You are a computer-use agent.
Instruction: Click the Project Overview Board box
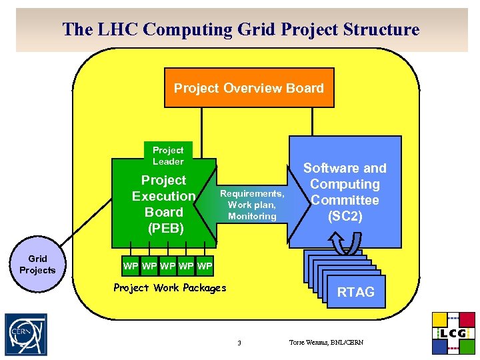pyautogui.click(x=249, y=87)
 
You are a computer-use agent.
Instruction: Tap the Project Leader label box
pyautogui.click(x=168, y=155)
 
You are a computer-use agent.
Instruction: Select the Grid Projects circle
pyautogui.click(x=37, y=265)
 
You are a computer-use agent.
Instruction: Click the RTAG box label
pyautogui.click(x=355, y=291)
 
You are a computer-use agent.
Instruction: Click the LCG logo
pyautogui.click(x=453, y=333)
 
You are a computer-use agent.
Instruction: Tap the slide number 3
pyautogui.click(x=239, y=343)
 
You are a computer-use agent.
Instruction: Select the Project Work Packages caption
pyautogui.click(x=170, y=288)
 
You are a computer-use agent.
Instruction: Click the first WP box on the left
pyautogui.click(x=131, y=267)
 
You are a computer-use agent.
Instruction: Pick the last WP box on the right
pyautogui.click(x=205, y=267)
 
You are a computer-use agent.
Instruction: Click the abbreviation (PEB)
pyautogui.click(x=163, y=228)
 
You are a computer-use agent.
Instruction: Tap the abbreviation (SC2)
pyautogui.click(x=345, y=216)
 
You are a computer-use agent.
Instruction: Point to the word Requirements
pyautogui.click(x=252, y=194)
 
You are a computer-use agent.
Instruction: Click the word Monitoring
pyautogui.click(x=252, y=216)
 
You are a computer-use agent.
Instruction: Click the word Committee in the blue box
pyautogui.click(x=345, y=200)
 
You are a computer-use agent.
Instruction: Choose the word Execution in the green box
pyautogui.click(x=163, y=196)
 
